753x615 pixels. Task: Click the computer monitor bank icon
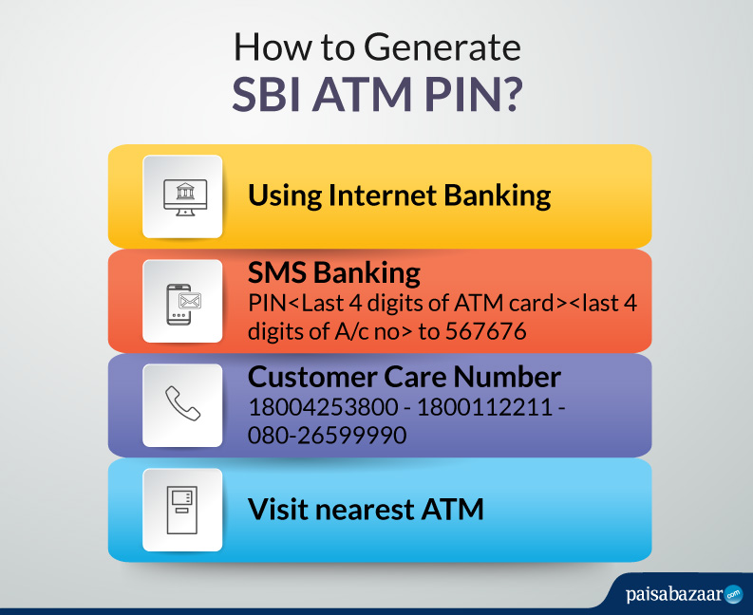pyautogui.click(x=181, y=196)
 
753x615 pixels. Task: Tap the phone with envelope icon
pyautogui.click(x=181, y=301)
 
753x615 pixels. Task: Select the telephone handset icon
pyautogui.click(x=181, y=404)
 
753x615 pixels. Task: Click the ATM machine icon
pyautogui.click(x=181, y=510)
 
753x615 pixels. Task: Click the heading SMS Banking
pyautogui.click(x=333, y=273)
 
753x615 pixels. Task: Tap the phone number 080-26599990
pyautogui.click(x=327, y=436)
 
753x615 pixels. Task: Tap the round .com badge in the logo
pyautogui.click(x=733, y=595)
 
